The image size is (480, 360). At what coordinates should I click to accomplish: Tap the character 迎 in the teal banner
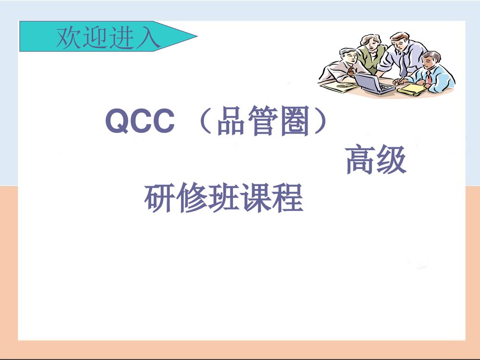pos(96,37)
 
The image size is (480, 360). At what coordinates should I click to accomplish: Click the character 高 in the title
pos(360,161)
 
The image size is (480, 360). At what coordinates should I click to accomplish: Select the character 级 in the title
pos(391,161)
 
